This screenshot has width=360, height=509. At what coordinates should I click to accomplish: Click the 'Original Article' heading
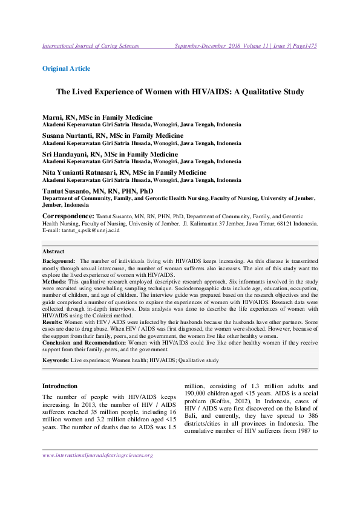[66, 68]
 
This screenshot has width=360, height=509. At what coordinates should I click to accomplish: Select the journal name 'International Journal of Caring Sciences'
[90, 46]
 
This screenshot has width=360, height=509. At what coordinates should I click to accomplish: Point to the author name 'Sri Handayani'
[64, 154]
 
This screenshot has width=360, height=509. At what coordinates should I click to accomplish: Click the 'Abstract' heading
[53, 251]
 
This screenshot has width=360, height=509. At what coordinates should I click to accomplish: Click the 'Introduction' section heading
[60, 386]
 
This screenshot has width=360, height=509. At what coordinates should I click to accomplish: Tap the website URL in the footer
[97, 455]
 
